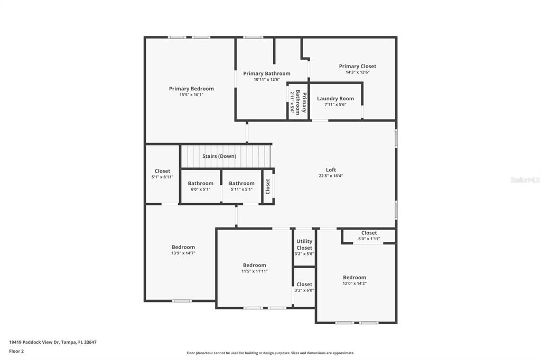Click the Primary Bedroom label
[x=191, y=89]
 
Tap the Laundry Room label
[x=335, y=99]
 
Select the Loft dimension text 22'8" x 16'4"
[x=331, y=176]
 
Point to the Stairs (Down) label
[x=219, y=156]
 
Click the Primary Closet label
[x=358, y=66]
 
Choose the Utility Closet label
[x=304, y=244]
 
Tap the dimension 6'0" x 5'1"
[x=200, y=190]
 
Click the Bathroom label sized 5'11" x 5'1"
[x=241, y=184]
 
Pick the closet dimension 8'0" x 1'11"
[x=369, y=239]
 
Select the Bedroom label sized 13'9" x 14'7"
[x=183, y=247]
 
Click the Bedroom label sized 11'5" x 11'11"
[x=254, y=265]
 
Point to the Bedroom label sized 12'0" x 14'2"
[x=355, y=278]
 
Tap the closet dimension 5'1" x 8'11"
[x=162, y=177]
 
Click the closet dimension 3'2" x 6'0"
[x=304, y=290]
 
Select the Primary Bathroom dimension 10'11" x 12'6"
[x=267, y=79]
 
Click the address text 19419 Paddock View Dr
[x=34, y=343]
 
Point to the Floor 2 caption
[x=16, y=352]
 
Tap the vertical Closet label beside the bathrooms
[x=268, y=186]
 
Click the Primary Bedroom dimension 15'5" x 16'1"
[x=191, y=94]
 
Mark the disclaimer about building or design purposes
[x=270, y=353]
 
